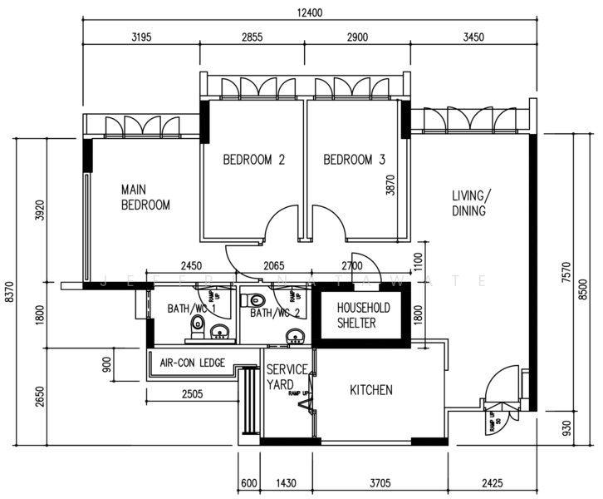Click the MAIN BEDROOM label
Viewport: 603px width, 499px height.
(x=145, y=197)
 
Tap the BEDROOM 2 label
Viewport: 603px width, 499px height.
(x=254, y=160)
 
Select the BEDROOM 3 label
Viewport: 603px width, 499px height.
(x=355, y=160)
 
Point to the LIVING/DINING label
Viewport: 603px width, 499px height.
(x=470, y=203)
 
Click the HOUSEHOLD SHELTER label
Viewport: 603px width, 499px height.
(x=363, y=315)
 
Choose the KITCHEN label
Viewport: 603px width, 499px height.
(x=370, y=390)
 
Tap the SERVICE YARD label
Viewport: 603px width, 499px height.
(x=287, y=377)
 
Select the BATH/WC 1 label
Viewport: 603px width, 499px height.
(x=192, y=309)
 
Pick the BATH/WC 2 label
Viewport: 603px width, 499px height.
(x=274, y=314)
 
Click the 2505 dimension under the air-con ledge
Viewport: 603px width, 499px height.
(x=190, y=395)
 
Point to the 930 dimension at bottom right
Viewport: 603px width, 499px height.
(x=567, y=429)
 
